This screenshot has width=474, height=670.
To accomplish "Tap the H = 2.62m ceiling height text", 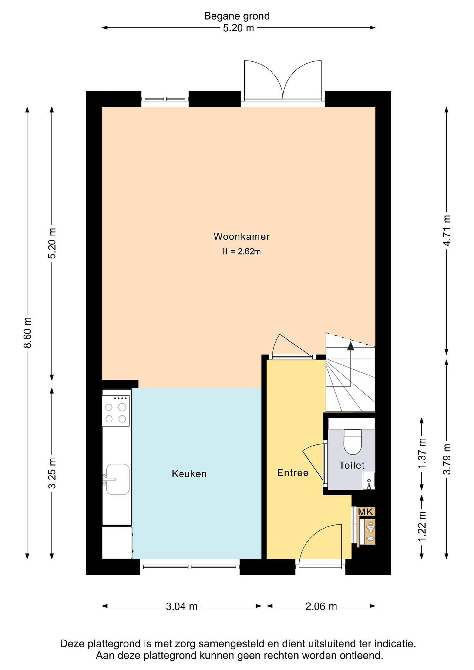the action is point(241,251).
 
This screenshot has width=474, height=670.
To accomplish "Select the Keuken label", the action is point(189,474).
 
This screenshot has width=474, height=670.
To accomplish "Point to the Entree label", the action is point(293,472).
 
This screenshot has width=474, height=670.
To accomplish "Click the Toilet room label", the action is point(352,465).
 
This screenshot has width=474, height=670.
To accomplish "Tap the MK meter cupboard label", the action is point(365,512).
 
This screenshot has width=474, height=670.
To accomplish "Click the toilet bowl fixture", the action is point(353,442).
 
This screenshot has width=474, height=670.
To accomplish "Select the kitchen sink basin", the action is point(118,479).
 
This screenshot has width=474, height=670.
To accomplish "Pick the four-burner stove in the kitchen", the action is point(116,411).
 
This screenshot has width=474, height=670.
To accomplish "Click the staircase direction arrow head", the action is point(350,346).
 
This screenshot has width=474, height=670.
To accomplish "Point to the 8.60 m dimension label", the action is point(28,333).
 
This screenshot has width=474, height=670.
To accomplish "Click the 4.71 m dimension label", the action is point(447,231).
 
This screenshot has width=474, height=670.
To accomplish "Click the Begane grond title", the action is point(237,16).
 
